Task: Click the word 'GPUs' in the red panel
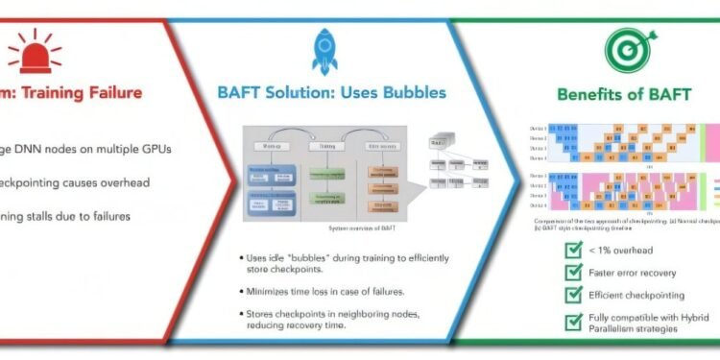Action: coord(162,148)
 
